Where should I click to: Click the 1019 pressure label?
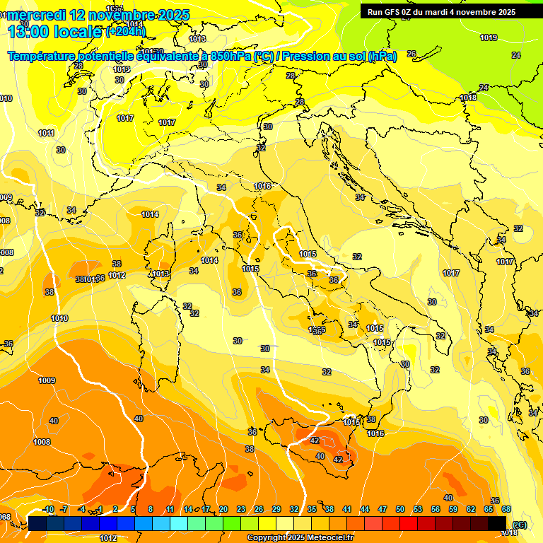488,37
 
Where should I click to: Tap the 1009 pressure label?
47,380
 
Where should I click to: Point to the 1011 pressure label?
47,133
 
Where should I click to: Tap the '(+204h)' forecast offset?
126,31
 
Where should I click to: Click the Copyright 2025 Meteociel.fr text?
300,538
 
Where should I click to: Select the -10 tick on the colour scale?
48,509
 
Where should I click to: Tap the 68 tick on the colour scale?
506,509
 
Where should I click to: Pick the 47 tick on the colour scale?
383,509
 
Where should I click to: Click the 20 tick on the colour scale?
223,509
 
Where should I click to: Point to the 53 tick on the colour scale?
418,509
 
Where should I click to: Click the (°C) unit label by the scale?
520,524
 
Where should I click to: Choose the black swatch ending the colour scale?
497,523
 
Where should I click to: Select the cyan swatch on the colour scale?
179,523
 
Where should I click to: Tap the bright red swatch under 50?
409,523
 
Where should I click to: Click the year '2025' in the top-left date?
160,15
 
